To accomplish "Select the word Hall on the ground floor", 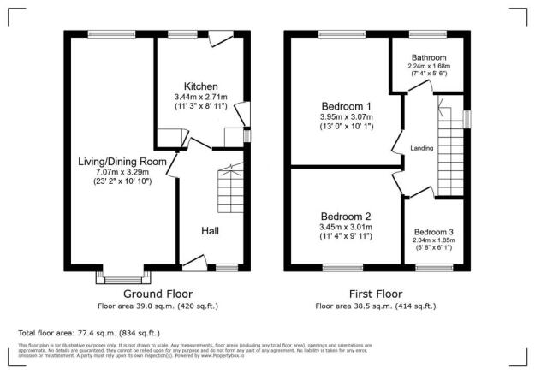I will pos(211,230).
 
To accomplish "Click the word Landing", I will pos(422,148).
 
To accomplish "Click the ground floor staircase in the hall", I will pos(231,183).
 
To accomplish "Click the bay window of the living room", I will pos(120,276).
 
